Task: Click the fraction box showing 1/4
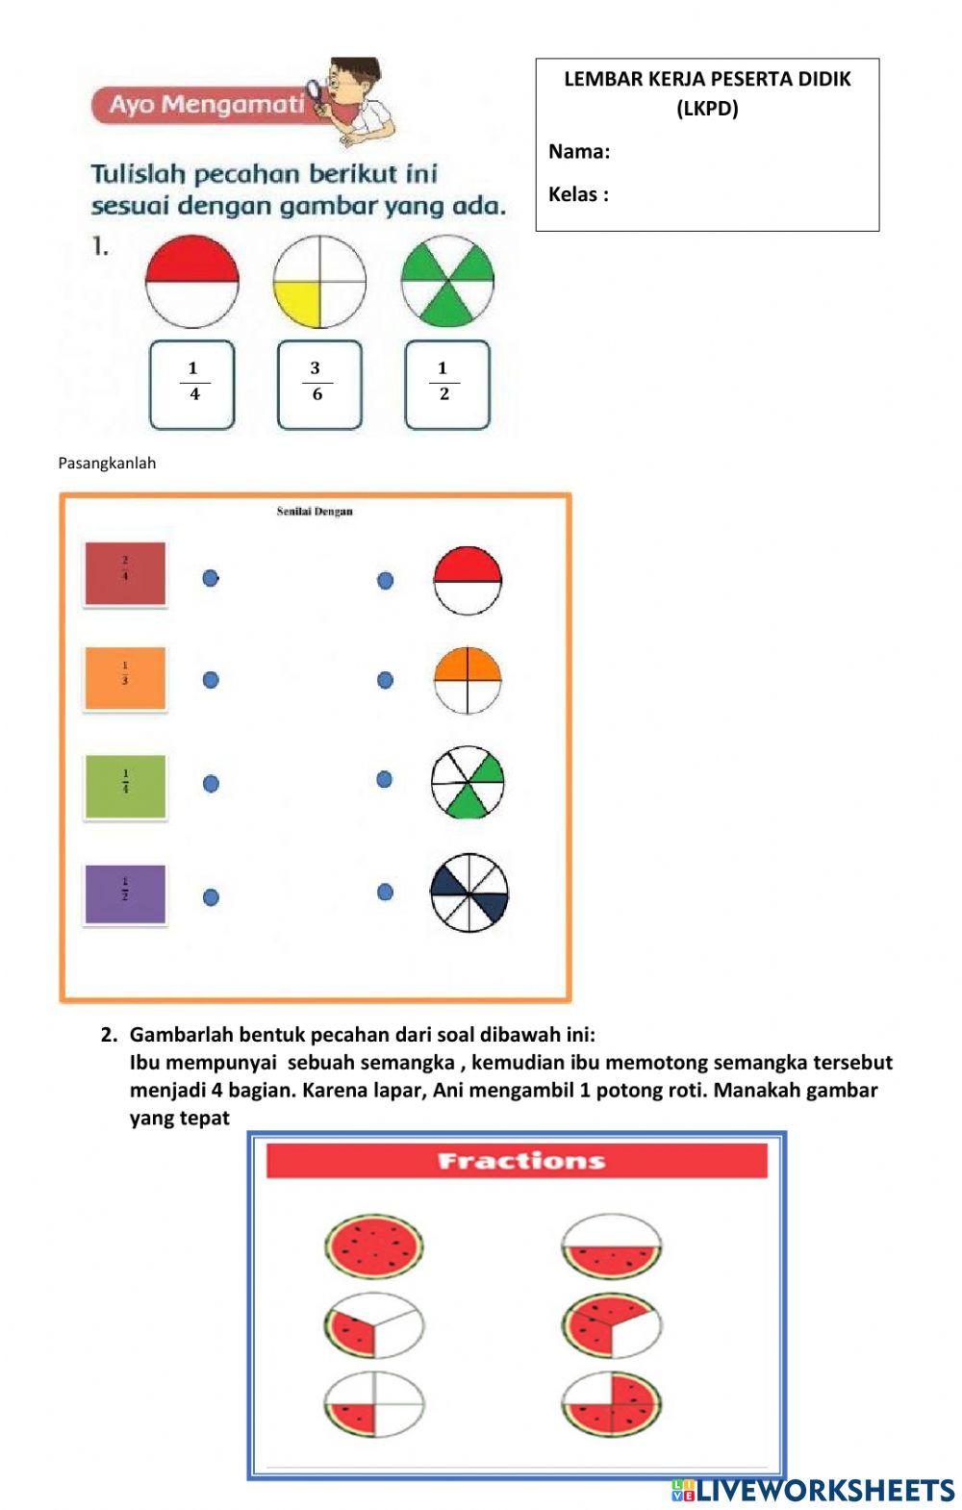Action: point(192,384)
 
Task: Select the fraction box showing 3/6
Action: point(319,384)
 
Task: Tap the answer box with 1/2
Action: point(446,384)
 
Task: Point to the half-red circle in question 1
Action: point(192,282)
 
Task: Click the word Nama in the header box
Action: point(579,151)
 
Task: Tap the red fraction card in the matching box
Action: point(125,574)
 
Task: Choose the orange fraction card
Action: point(125,678)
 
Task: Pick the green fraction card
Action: point(125,786)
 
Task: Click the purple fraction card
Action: point(125,893)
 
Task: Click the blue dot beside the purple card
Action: point(211,897)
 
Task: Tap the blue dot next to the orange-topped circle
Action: point(385,680)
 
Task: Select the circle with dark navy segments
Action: point(468,893)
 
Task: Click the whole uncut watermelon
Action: point(374,1246)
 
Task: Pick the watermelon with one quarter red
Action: point(374,1405)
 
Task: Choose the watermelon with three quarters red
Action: point(612,1404)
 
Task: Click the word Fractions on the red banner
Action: point(520,1161)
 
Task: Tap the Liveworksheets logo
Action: point(813,1490)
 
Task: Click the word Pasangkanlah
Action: point(107,463)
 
